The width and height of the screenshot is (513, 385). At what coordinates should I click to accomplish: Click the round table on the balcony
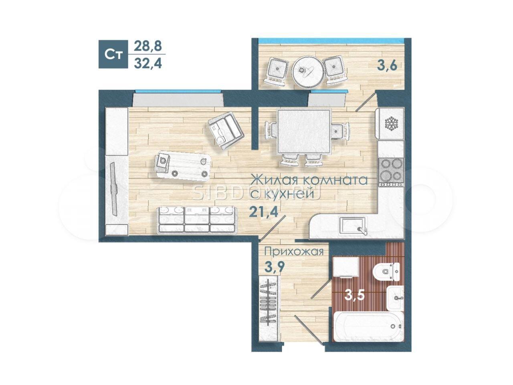[307, 71]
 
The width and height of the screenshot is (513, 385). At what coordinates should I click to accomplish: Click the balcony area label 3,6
[387, 65]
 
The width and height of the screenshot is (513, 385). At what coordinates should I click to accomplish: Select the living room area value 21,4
[263, 212]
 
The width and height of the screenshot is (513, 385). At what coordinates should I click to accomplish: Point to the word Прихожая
[294, 252]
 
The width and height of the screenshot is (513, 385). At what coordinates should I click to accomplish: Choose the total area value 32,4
[147, 63]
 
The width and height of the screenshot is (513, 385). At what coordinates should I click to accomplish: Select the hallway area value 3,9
[274, 267]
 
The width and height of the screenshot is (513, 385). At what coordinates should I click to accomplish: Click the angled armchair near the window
[225, 130]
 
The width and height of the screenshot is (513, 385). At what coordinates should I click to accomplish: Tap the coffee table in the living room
[183, 166]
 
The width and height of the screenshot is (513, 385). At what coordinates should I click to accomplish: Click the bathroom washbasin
[395, 298]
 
